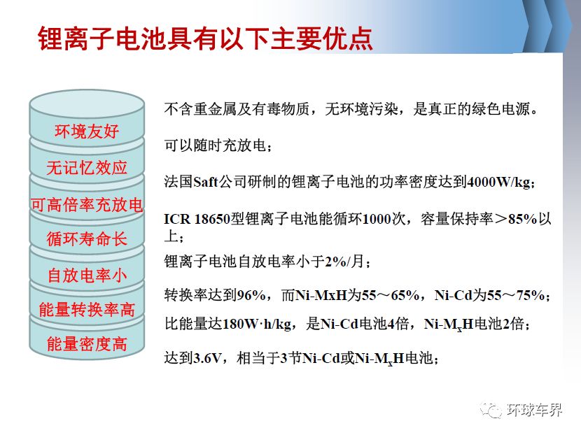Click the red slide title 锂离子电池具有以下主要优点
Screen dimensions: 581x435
pyautogui.click(x=205, y=38)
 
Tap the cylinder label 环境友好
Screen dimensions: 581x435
pyautogui.click(x=87, y=131)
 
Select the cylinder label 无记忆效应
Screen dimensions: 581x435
pyautogui.click(x=87, y=168)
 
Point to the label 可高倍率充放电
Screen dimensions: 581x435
pyautogui.click(x=87, y=205)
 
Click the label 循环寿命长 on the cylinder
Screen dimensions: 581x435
pyautogui.click(x=87, y=238)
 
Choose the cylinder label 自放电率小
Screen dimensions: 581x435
pyautogui.click(x=87, y=276)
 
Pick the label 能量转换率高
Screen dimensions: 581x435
pyautogui.click(x=87, y=310)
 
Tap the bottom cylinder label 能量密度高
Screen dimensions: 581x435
pyautogui.click(x=87, y=344)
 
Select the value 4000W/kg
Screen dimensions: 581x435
pyautogui.click(x=500, y=182)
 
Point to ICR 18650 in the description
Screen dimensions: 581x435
pyautogui.click(x=197, y=219)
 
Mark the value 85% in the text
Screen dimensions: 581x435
pyautogui.click(x=522, y=219)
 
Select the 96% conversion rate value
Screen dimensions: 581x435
pyautogui.click(x=251, y=295)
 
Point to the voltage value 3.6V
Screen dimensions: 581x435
pyautogui.click(x=207, y=358)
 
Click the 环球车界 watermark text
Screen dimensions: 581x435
pyautogui.click(x=534, y=410)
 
